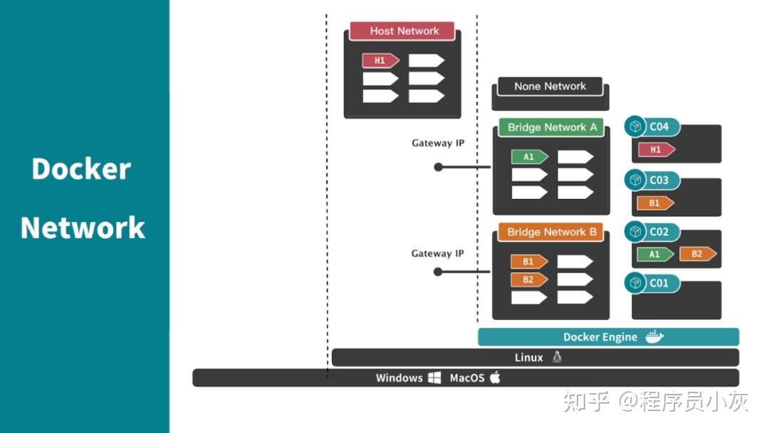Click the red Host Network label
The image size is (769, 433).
(x=404, y=31)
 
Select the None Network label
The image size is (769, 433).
(x=550, y=86)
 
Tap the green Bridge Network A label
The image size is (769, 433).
(x=551, y=127)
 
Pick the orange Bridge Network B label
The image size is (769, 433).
(x=551, y=232)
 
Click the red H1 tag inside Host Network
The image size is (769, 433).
(x=380, y=61)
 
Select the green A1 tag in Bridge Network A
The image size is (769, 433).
(x=529, y=157)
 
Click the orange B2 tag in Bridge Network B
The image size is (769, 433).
(x=528, y=279)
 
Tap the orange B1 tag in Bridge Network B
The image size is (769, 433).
(x=528, y=262)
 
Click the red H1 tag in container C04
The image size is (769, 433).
(x=656, y=150)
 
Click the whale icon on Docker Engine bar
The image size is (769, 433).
(x=654, y=337)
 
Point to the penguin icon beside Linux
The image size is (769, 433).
(x=557, y=358)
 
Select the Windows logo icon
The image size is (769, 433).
(x=434, y=378)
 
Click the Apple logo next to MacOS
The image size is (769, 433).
(x=495, y=378)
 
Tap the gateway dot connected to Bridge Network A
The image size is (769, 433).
(x=439, y=167)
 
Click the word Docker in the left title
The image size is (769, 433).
(x=81, y=169)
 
